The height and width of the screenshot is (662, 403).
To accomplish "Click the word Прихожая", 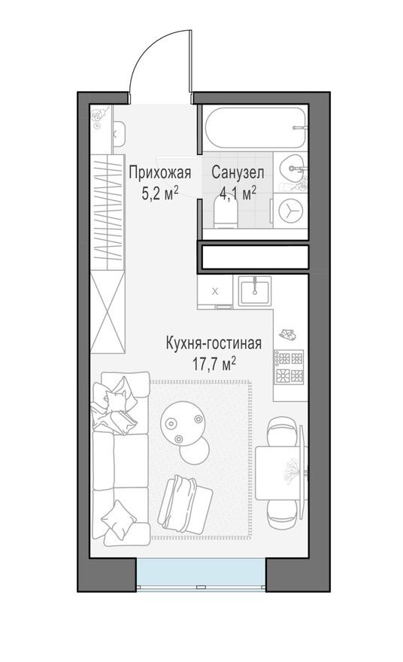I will click(159, 173).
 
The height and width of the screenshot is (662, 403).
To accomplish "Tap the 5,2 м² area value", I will click(159, 192).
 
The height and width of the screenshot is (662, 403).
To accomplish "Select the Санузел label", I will click(236, 173).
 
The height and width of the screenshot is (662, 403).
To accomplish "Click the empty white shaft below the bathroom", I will click(254, 257).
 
